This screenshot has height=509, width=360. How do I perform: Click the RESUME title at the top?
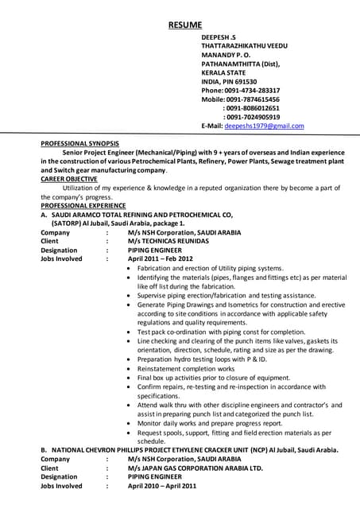tap(184, 25)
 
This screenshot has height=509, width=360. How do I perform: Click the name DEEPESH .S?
tap(219, 37)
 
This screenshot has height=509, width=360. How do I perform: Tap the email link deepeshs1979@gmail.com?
tap(264, 126)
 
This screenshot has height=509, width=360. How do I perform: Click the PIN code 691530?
tap(243, 81)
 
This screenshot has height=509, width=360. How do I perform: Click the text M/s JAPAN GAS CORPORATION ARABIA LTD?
tap(195, 468)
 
